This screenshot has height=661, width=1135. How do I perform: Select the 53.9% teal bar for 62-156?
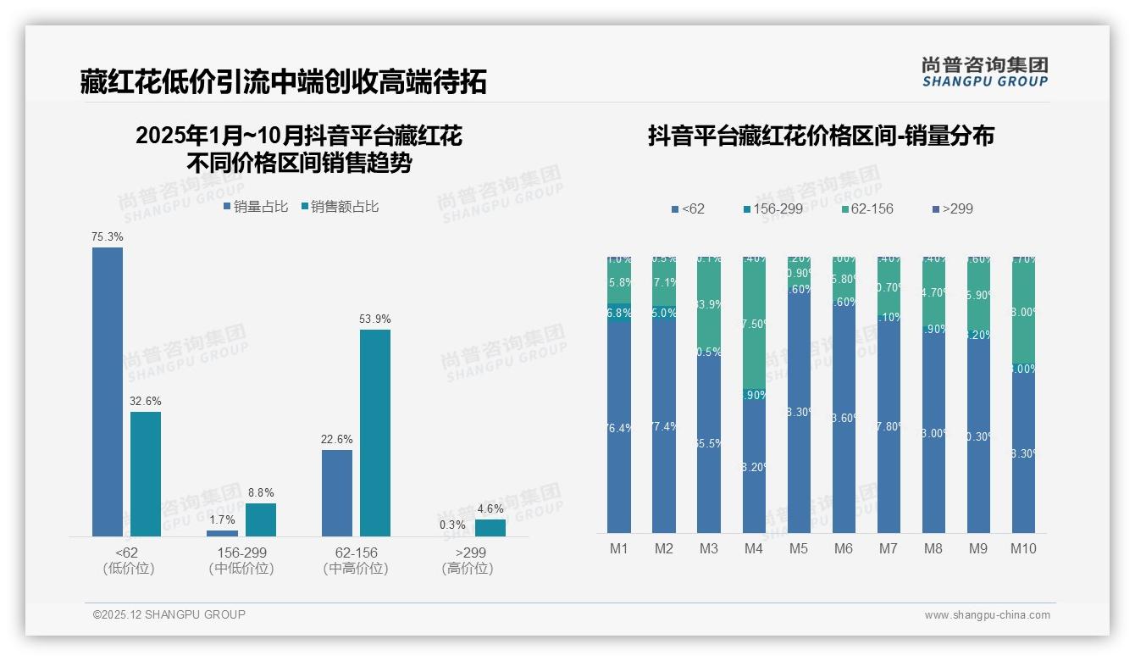375,432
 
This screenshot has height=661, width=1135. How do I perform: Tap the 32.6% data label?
145,401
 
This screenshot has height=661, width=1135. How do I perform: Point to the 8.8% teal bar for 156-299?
260,519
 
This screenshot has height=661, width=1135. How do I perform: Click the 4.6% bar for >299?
490,527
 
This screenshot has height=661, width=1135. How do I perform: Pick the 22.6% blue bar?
337,492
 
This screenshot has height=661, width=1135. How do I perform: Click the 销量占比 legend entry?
256,207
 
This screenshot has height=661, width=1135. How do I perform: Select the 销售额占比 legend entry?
340,207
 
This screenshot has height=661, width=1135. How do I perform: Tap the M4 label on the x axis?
754,548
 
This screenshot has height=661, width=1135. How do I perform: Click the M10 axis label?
1023,548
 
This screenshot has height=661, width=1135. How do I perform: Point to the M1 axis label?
619,548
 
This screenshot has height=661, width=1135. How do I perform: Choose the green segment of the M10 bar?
1023,314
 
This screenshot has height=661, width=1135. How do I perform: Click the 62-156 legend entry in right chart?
867,208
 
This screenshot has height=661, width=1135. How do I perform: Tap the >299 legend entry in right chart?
952,208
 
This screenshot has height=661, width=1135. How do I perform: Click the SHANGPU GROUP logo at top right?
984,71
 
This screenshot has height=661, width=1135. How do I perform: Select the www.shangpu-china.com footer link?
987,615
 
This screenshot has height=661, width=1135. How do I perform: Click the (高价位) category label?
468,569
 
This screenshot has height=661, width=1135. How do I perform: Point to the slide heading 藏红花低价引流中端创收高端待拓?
283,82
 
